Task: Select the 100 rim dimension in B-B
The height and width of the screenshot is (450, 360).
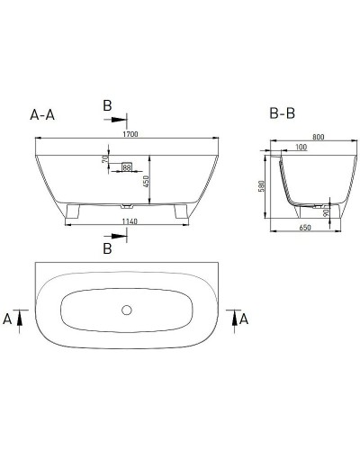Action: (x=298, y=148)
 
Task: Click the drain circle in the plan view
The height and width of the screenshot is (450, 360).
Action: (x=126, y=310)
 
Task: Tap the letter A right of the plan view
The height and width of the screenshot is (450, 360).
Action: (x=244, y=318)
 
